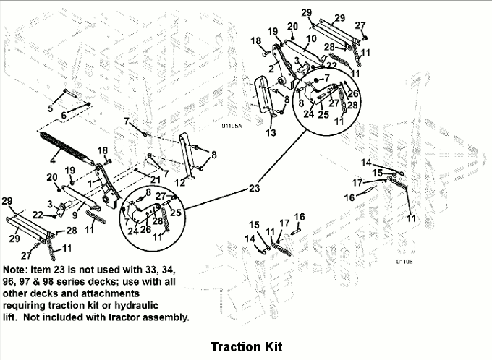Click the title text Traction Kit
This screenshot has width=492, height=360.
tap(246, 347)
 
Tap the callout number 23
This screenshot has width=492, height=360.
tap(254, 188)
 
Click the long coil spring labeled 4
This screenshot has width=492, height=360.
tap(66, 148)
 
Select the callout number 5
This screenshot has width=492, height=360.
tap(50, 108)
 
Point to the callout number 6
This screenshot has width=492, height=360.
tap(64, 115)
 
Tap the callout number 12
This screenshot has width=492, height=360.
tap(179, 182)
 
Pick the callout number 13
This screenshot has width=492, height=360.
tap(271, 132)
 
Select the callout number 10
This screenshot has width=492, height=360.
tap(311, 38)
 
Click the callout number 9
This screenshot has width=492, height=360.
tap(75, 215)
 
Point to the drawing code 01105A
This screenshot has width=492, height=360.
tap(232, 126)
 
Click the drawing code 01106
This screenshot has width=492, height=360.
tap(404, 261)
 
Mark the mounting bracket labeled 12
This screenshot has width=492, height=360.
tap(187, 157)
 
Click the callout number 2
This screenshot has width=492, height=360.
tap(271, 68)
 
